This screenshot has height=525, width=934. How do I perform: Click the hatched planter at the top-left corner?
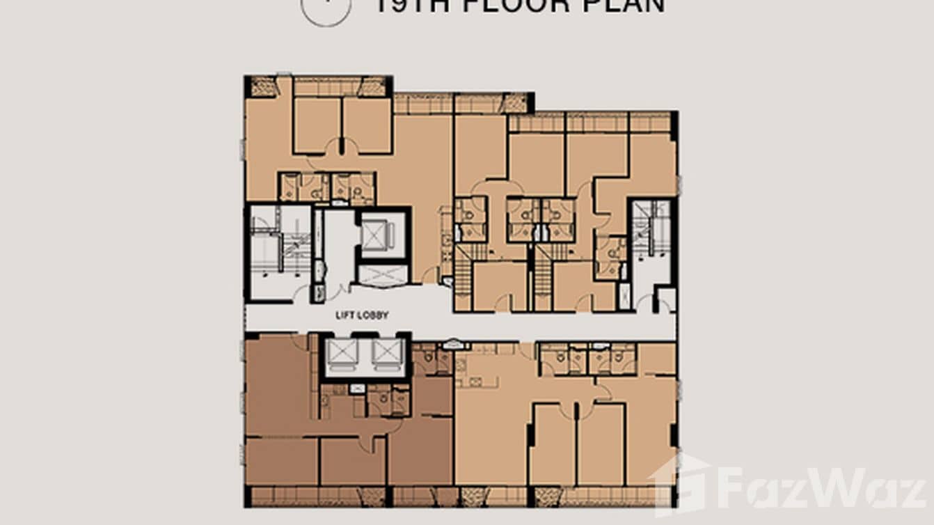click(264, 86)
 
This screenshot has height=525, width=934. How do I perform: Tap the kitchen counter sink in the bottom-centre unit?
click(475, 381)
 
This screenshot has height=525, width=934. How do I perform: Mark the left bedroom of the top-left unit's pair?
click(317, 125)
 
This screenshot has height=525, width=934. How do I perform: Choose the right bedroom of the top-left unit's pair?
click(367, 125)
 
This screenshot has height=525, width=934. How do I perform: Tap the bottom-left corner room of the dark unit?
click(281, 461)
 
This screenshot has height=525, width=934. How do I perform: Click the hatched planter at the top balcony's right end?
click(515, 103)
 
